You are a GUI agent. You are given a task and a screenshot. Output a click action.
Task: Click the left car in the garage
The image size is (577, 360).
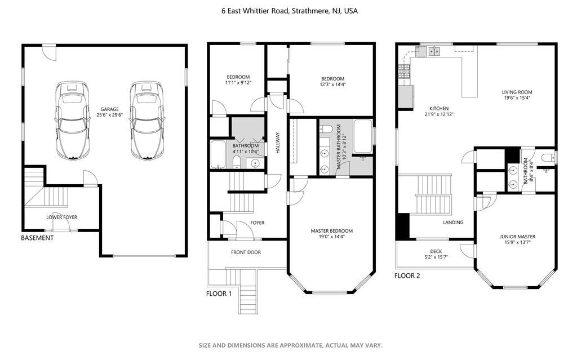pos(72,121)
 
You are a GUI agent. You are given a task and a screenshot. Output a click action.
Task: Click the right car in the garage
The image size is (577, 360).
pos(147,121)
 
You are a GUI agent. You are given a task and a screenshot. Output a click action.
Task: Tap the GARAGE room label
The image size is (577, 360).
pos(110,109)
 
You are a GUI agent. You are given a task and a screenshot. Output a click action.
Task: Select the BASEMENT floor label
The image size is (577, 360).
pos(37,238)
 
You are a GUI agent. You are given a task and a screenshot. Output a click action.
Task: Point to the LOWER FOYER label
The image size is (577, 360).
pos(62,217)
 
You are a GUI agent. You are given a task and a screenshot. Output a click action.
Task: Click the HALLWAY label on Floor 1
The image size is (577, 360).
pos(278,143)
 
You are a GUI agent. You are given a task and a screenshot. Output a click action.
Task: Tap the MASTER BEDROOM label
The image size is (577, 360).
pos(331,231)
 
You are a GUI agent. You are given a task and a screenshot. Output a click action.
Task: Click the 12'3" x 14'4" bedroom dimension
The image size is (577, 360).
pos(332,85)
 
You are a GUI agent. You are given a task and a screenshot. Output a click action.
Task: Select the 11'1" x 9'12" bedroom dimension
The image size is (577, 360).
pos(238,83)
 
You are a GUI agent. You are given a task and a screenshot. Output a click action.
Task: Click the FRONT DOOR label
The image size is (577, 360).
pos(246,252)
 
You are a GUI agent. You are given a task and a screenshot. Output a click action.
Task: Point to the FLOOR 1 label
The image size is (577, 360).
pos(219,294)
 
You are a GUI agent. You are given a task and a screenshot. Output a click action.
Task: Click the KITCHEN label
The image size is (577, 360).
pos(439,109)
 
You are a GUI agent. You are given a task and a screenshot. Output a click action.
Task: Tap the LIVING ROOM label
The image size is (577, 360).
pos(517,92)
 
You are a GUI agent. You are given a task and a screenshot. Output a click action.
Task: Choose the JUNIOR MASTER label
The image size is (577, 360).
pos(517,237)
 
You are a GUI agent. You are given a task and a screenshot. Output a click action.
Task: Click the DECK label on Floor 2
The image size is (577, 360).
pos(436,251)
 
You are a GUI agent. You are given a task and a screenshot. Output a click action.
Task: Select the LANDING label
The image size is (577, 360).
pos(453,223)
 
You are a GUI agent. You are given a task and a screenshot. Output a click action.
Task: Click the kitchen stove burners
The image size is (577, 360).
pos(405,71)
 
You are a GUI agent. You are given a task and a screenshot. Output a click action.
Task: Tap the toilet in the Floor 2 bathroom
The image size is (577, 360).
pos(548,158)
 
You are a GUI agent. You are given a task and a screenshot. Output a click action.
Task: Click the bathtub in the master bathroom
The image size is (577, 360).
pos(363,136)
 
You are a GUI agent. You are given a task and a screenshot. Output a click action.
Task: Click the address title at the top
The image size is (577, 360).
pos(289,11)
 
